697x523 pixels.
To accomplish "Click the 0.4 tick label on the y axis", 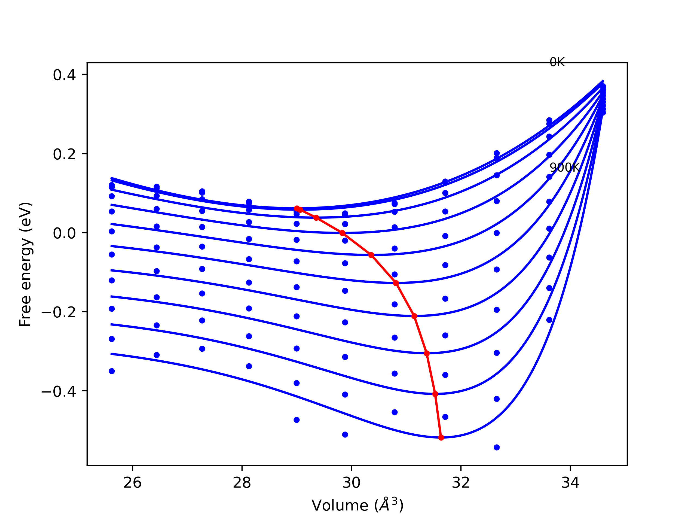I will [64, 75].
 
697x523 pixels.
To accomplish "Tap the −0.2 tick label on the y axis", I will [59, 312].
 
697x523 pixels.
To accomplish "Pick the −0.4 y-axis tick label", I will [59, 391].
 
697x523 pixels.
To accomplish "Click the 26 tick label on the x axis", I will [132, 483].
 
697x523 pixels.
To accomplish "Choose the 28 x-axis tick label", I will [242, 483].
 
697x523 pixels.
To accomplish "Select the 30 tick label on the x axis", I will [351, 483].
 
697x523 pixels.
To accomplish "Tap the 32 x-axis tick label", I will [461, 483].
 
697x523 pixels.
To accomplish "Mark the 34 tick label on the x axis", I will [570, 483].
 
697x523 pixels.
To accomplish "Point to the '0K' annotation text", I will [557, 62].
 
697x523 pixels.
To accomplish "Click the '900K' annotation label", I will [564, 168].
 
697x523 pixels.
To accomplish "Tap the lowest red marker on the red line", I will [441, 437].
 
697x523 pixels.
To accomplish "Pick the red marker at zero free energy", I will [342, 233].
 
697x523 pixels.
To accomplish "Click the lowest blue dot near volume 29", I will [296, 420].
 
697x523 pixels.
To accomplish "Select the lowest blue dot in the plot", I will [497, 447].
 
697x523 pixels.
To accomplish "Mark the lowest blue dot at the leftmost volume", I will [112, 371].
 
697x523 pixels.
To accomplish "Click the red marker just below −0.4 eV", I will [435, 394].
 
